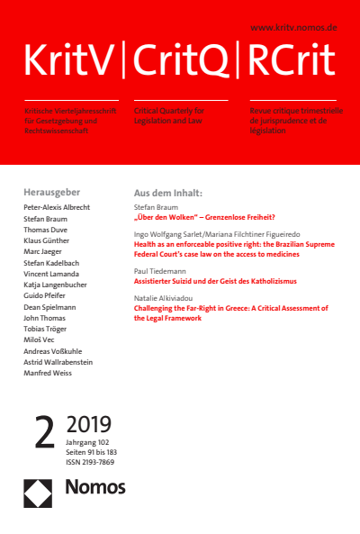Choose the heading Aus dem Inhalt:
click(167, 193)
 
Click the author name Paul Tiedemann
click(158, 268)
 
